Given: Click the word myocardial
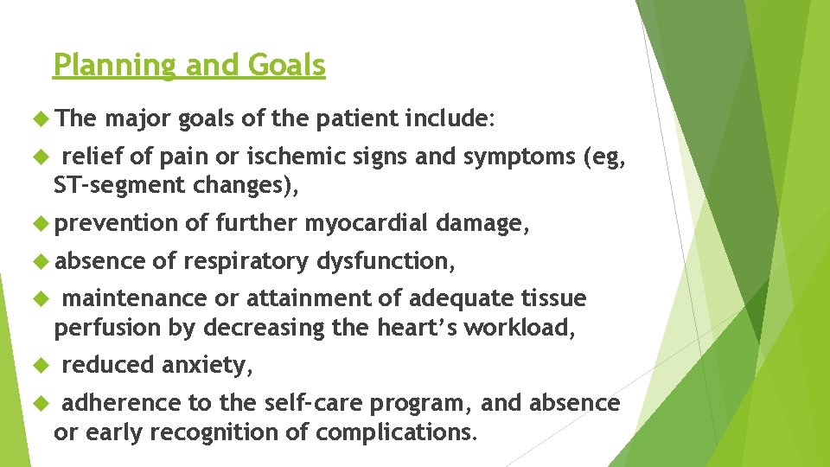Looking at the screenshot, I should (x=365, y=223).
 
